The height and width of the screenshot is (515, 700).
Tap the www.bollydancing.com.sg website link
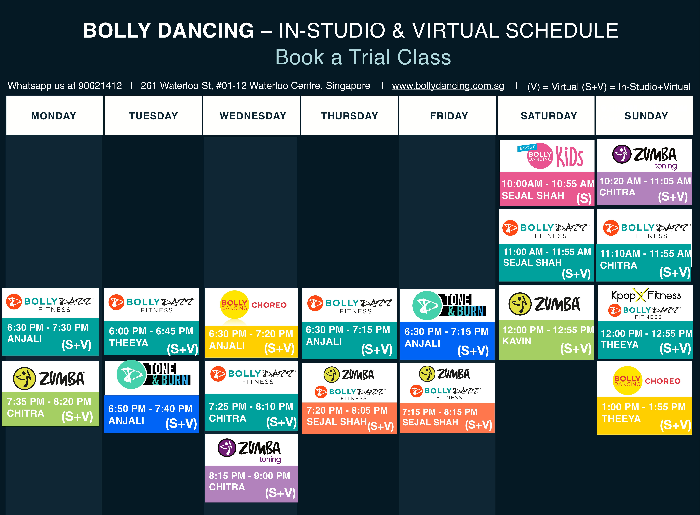pyautogui.click(x=448, y=86)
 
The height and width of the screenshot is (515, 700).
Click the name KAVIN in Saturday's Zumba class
pyautogui.click(x=517, y=341)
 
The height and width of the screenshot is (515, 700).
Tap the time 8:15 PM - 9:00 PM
pyautogui.click(x=249, y=476)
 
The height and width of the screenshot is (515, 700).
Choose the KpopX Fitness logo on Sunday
pyautogui.click(x=646, y=295)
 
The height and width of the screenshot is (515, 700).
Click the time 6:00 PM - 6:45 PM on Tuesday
pyautogui.click(x=151, y=331)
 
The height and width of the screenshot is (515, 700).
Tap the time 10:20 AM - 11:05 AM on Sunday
pyautogui.click(x=645, y=181)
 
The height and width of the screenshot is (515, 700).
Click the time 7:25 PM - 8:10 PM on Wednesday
pyautogui.click(x=251, y=407)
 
